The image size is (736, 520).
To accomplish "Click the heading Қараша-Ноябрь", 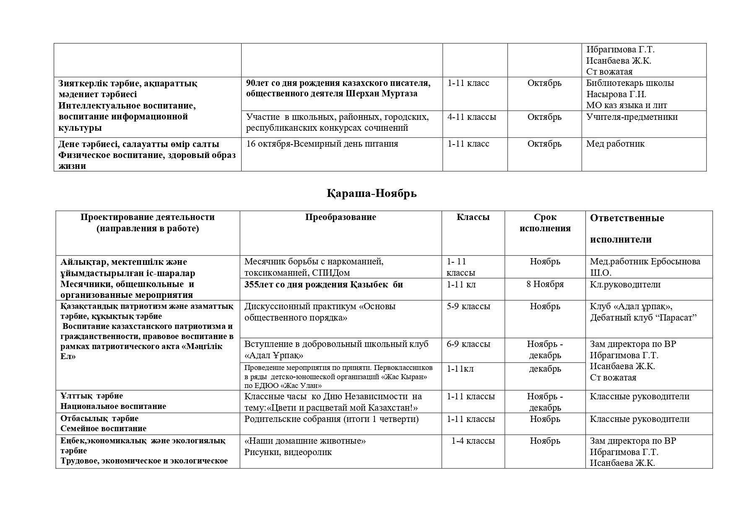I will (x=372, y=194).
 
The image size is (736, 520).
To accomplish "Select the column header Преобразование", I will (x=341, y=217).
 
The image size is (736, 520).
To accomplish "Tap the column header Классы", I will (x=473, y=217).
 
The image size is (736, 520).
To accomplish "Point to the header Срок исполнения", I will (x=545, y=222).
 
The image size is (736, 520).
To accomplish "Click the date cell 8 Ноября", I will (x=545, y=284).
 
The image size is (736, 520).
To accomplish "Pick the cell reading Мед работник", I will (x=615, y=144).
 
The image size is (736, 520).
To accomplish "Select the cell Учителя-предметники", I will (x=632, y=117).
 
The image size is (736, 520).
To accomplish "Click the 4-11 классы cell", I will (x=471, y=117).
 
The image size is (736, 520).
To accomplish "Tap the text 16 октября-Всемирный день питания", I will (x=322, y=144).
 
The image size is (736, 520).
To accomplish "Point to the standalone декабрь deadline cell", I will (x=545, y=369).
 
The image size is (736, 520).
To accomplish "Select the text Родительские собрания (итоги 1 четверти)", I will (x=331, y=419).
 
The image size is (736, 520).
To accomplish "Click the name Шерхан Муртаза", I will (x=382, y=93).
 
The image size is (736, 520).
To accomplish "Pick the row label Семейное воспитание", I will (x=103, y=428).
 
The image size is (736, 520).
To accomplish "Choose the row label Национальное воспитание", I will (x=113, y=406).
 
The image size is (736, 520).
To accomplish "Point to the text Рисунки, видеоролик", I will (x=288, y=452).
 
